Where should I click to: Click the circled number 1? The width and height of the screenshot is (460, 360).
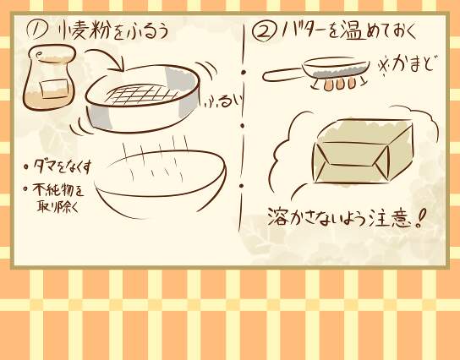pyautogui.click(x=36, y=30)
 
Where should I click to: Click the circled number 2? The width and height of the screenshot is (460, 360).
pyautogui.click(x=264, y=32)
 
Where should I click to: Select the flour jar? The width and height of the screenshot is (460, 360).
pyautogui.click(x=49, y=78)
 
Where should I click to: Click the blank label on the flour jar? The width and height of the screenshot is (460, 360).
pyautogui.click(x=55, y=89)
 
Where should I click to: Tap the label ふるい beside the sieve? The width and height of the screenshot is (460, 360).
pyautogui.click(x=224, y=101)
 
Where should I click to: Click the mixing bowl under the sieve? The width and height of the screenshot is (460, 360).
pyautogui.click(x=160, y=184)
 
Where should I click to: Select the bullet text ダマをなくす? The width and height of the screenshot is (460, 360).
pyautogui.click(x=63, y=166)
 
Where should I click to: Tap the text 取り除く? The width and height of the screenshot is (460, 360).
pyautogui.click(x=58, y=206)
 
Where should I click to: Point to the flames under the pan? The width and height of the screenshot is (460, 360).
pyautogui.click(x=338, y=84)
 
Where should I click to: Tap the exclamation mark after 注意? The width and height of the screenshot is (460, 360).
pyautogui.click(x=420, y=218)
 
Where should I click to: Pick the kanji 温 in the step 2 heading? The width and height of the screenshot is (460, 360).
pyautogui.click(x=353, y=30)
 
